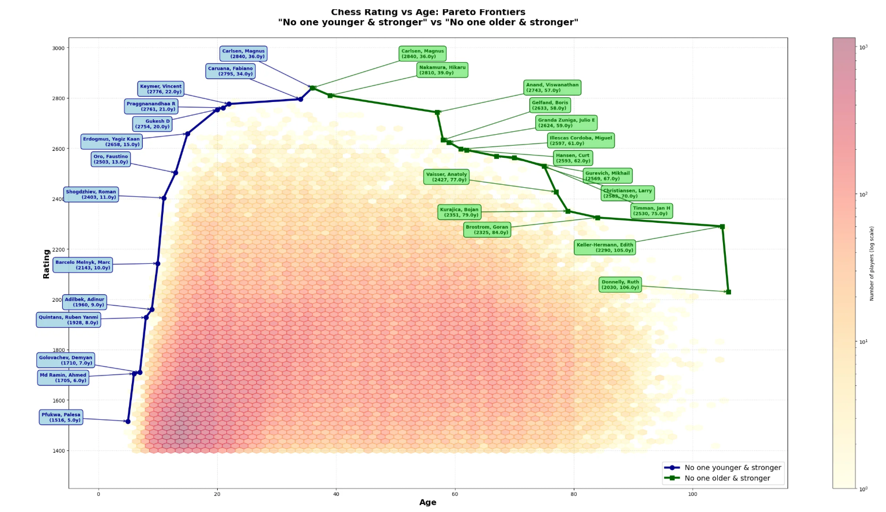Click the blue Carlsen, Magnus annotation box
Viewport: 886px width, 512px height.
coord(244,54)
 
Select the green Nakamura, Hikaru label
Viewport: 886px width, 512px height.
coord(442,70)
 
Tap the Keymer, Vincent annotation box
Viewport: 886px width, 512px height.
coord(161,89)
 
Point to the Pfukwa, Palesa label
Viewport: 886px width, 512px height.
coord(61,418)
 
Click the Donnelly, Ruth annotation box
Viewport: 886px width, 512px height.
coord(620,285)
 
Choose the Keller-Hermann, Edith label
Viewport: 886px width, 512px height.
coord(605,248)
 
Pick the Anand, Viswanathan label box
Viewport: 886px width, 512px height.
coord(552,88)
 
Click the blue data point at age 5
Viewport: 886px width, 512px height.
coord(128,422)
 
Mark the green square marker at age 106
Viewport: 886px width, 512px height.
coord(728,292)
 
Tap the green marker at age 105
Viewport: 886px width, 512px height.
coord(722,227)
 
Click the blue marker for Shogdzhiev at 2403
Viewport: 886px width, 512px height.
coord(164,198)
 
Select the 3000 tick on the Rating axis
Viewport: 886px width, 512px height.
coord(58,48)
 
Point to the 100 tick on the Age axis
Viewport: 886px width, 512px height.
coord(692,494)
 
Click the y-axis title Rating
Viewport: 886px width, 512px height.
coord(47,264)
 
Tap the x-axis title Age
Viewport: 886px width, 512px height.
coord(427,502)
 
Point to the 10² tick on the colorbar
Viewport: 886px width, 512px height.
coord(863,195)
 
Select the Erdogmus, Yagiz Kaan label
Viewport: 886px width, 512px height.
coord(111,142)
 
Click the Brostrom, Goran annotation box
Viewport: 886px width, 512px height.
coord(487,230)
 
